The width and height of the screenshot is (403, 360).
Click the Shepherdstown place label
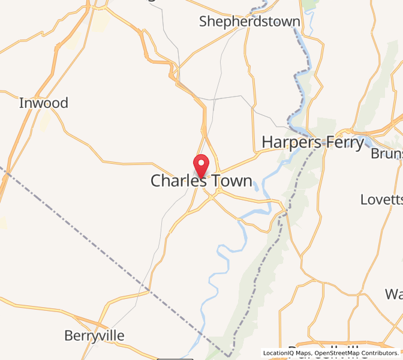click(x=249, y=22)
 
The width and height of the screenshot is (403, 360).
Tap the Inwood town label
click(x=44, y=103)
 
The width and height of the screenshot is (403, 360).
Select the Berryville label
click(x=94, y=335)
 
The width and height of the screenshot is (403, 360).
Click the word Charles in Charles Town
click(x=178, y=181)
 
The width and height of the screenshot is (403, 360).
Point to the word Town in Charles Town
click(x=231, y=181)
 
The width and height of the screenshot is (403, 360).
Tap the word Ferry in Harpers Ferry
click(x=345, y=143)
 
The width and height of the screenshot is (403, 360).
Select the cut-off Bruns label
click(x=386, y=154)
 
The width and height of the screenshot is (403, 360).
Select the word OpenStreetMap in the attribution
click(x=331, y=353)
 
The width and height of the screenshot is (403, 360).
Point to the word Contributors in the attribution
click(x=380, y=353)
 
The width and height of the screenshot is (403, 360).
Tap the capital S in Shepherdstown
click(x=204, y=22)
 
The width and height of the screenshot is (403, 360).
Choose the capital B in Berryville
click(x=68, y=335)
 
